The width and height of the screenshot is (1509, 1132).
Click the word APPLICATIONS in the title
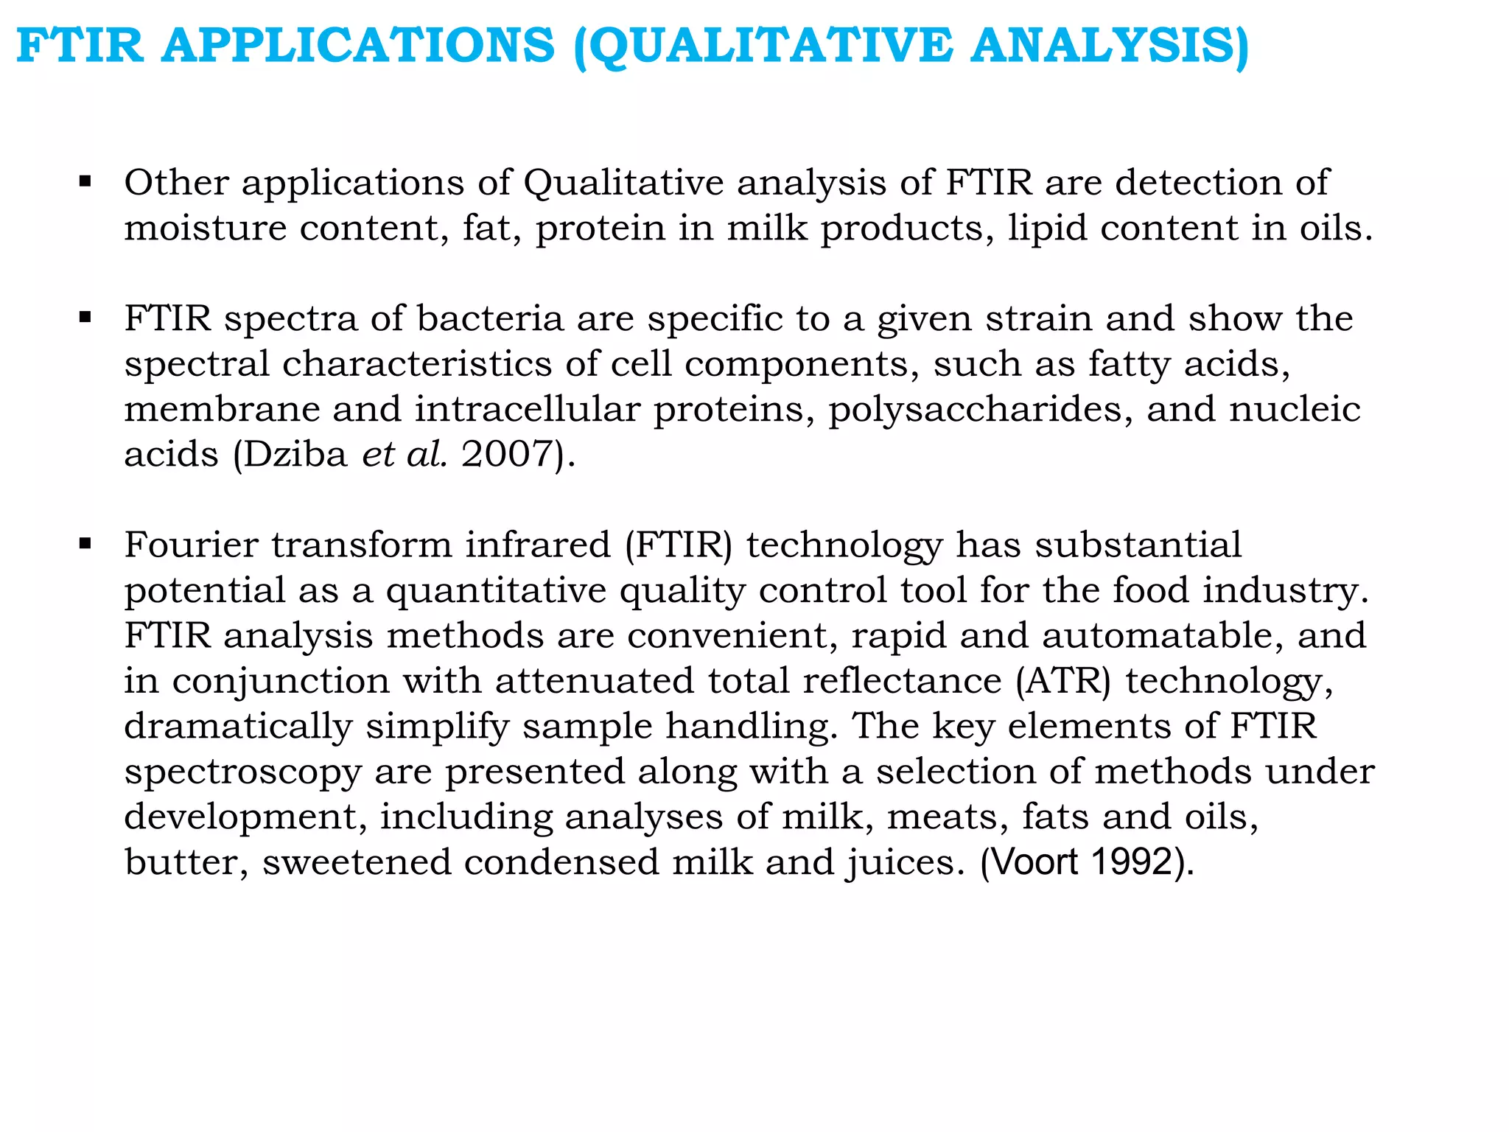[358, 46]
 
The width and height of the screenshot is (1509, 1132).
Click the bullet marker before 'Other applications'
[85, 181]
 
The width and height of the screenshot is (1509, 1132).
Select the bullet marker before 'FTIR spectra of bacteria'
[85, 318]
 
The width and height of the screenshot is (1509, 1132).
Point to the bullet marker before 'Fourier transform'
[85, 545]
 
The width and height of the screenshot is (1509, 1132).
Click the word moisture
[205, 228]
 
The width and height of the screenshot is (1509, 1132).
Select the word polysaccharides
[981, 409]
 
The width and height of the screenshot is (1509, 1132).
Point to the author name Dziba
[295, 454]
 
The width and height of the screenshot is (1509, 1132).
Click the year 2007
[507, 454]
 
